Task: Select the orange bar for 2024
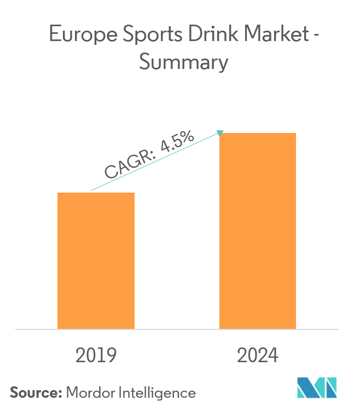pos(258,230)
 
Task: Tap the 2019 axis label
pos(96,356)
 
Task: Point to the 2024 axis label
pos(258,356)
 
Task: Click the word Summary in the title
pos(183,62)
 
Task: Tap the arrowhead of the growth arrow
pos(221,132)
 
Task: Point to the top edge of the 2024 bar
pos(258,134)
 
